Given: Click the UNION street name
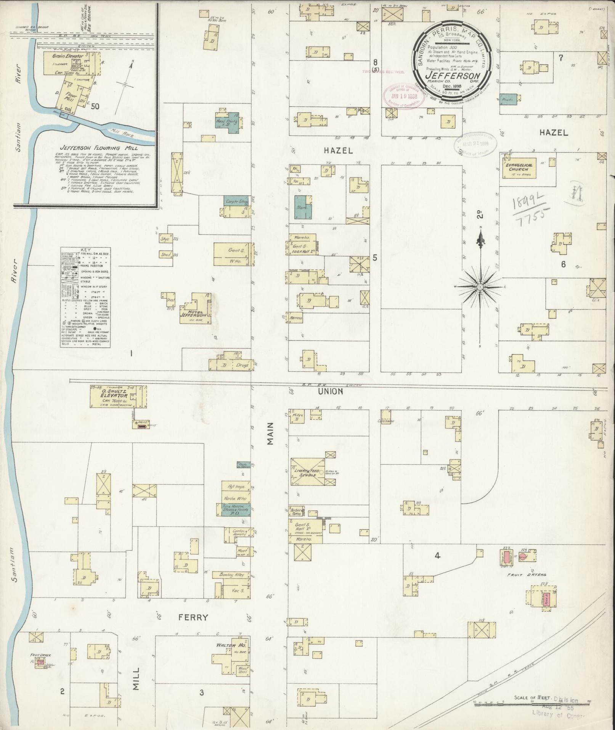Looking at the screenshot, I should pyautogui.click(x=334, y=392).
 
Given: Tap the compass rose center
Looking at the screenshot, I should pyautogui.click(x=480, y=286).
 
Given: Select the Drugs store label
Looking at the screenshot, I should pyautogui.click(x=241, y=365).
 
